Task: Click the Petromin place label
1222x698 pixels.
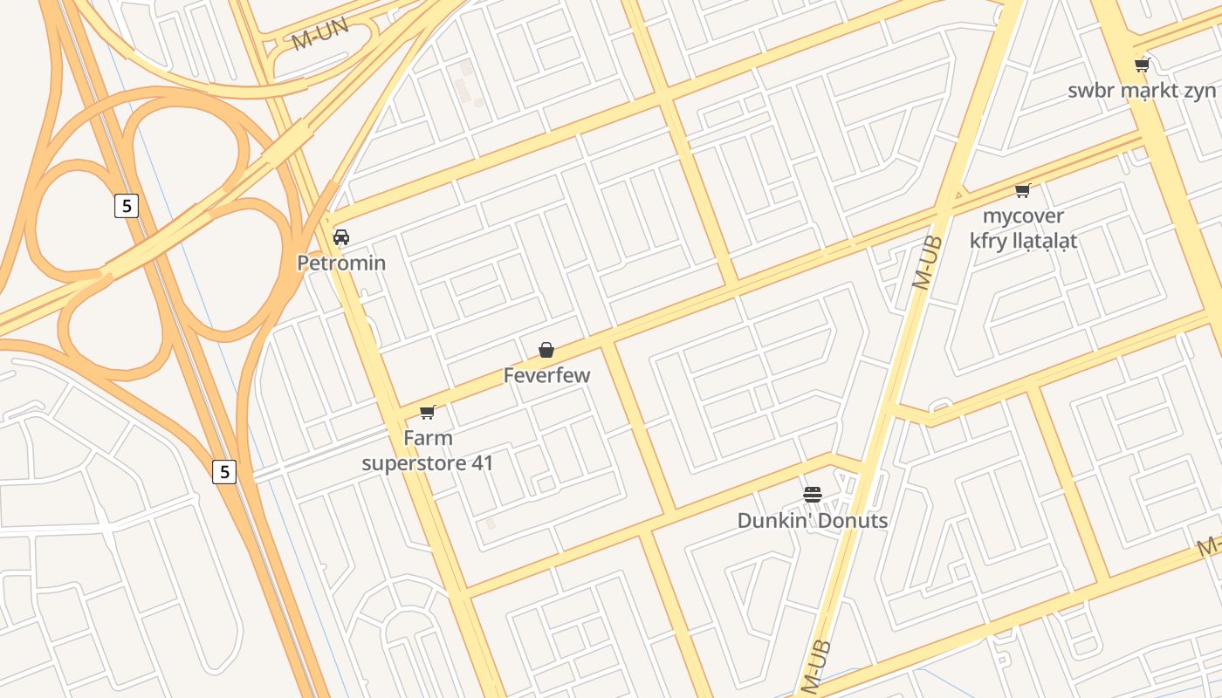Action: coord(341,263)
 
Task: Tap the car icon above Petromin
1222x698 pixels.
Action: coord(341,237)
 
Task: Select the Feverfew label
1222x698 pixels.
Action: coord(546,375)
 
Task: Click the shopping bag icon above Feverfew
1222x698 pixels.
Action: coord(546,351)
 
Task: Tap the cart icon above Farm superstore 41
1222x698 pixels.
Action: coord(427,413)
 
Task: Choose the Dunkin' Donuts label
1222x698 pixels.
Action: coord(812,521)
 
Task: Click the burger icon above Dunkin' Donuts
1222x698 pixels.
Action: coord(813,496)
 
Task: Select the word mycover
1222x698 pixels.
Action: coord(1023,216)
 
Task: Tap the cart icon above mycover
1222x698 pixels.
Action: coord(1023,190)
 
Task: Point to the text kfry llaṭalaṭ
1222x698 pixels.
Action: coord(1023,240)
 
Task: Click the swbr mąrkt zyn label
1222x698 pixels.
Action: coord(1142,90)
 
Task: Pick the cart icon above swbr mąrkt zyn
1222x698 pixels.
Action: coord(1142,65)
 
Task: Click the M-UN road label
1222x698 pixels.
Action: coord(320,34)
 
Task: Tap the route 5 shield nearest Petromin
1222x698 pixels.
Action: coord(127,206)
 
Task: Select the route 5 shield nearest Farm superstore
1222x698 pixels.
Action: coord(224,472)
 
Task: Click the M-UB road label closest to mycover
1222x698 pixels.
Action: coord(927,262)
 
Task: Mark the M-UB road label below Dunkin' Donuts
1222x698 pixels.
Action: coord(814,667)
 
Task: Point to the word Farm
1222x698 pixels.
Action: coord(428,438)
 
